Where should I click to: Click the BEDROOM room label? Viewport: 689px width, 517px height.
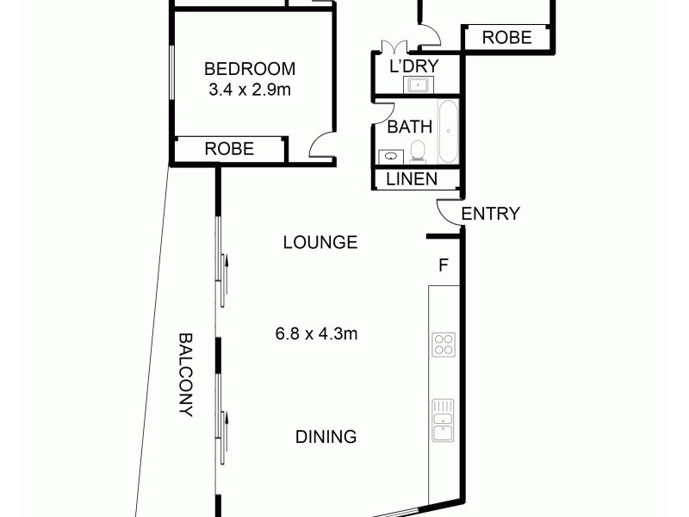pyautogui.click(x=249, y=69)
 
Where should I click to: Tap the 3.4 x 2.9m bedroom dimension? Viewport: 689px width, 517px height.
pyautogui.click(x=249, y=89)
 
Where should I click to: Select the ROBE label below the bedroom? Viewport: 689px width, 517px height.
pyautogui.click(x=229, y=149)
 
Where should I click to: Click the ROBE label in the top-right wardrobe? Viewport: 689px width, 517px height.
pyautogui.click(x=506, y=38)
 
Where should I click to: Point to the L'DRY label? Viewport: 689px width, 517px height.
pyautogui.click(x=415, y=65)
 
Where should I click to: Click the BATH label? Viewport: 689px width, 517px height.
pyautogui.click(x=409, y=127)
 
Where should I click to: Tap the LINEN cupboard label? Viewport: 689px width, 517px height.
pyautogui.click(x=412, y=179)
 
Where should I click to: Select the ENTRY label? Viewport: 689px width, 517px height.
pyautogui.click(x=491, y=214)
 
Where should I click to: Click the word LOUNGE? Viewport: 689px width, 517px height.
pyautogui.click(x=320, y=243)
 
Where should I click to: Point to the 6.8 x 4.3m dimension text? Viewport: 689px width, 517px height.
pyautogui.click(x=315, y=333)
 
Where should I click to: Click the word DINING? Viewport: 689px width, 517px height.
pyautogui.click(x=326, y=437)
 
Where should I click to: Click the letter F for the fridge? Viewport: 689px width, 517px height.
pyautogui.click(x=444, y=265)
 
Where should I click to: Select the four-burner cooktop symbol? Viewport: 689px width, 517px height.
pyautogui.click(x=444, y=345)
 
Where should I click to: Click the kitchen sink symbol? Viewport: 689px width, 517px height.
pyautogui.click(x=444, y=420)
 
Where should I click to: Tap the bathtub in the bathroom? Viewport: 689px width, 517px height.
pyautogui.click(x=448, y=132)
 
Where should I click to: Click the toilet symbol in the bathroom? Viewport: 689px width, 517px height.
pyautogui.click(x=419, y=153)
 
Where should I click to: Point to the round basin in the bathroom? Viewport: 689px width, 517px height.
pyautogui.click(x=393, y=156)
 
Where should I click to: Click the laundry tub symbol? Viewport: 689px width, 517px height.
pyautogui.click(x=419, y=84)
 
